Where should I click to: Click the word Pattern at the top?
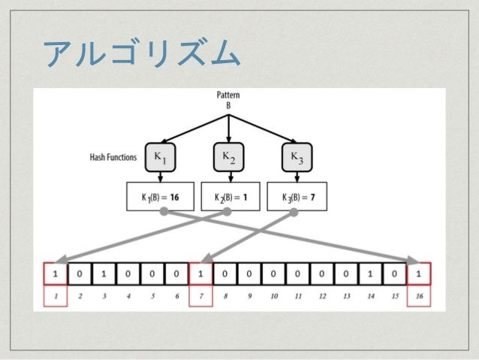click(229, 96)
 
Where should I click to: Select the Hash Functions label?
click(113, 159)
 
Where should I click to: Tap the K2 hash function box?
click(228, 157)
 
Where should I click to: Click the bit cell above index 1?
click(56, 274)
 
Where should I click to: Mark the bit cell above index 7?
click(200, 274)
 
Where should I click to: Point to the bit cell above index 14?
click(369, 274)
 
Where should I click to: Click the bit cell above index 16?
click(418, 274)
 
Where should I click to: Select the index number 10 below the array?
click(273, 297)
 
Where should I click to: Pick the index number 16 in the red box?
click(418, 297)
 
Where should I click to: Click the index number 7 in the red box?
click(200, 297)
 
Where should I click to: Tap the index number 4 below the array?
click(128, 297)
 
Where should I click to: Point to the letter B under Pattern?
click(229, 106)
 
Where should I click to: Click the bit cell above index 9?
click(249, 274)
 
